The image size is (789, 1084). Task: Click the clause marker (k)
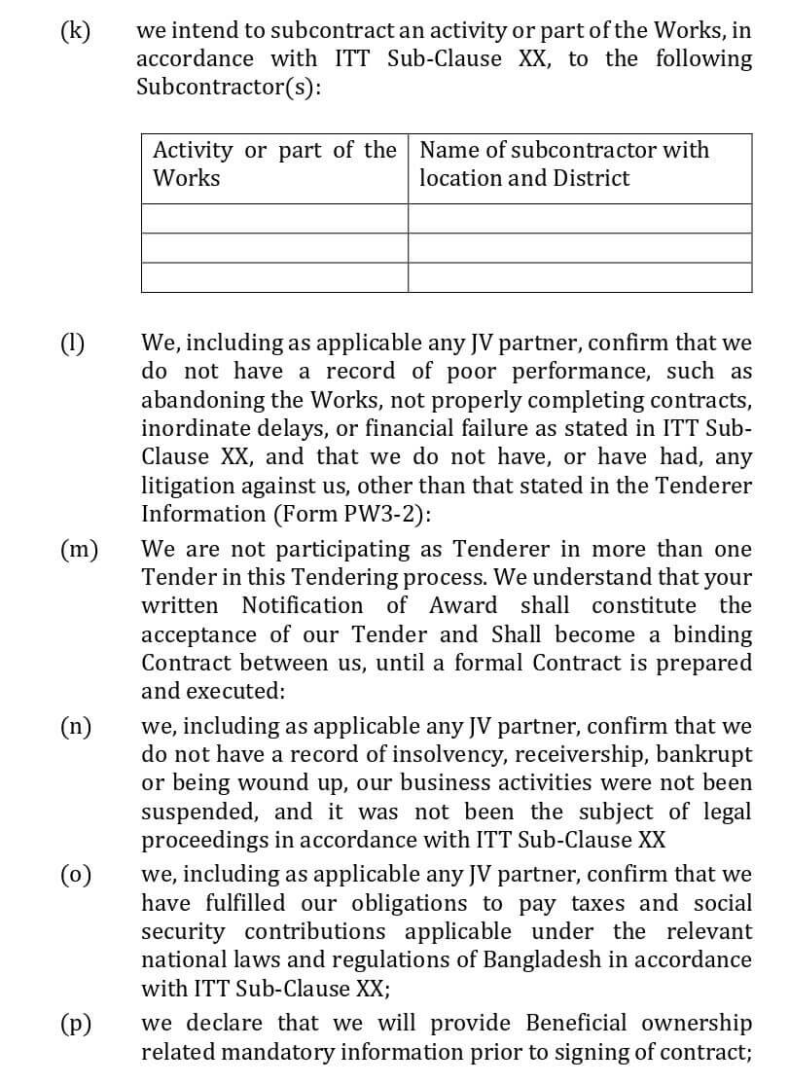point(75,30)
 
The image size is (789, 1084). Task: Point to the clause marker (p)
point(76,1024)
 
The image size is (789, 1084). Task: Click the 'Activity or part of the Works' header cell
point(274,163)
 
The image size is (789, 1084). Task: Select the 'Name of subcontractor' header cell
point(579,163)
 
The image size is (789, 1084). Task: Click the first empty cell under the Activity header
point(274,218)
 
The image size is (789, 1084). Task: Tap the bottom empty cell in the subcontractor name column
point(579,277)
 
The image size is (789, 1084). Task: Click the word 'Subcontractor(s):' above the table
point(229,87)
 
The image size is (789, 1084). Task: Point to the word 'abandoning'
point(200,400)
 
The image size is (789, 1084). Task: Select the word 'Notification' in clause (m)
point(302,605)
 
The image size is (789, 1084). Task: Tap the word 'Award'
point(463,605)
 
